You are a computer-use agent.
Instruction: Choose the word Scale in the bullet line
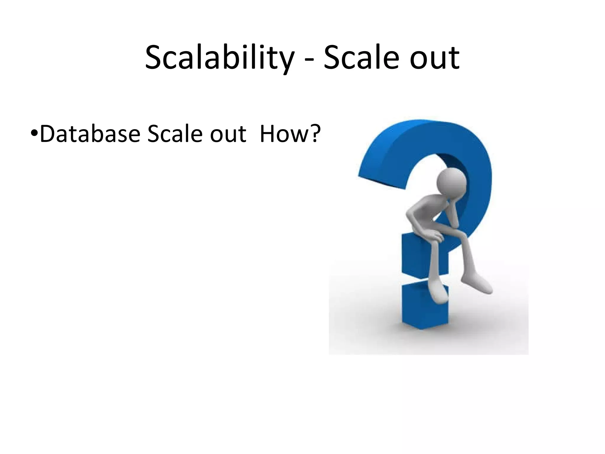(x=174, y=134)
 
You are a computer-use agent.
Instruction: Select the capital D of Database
(x=48, y=134)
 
